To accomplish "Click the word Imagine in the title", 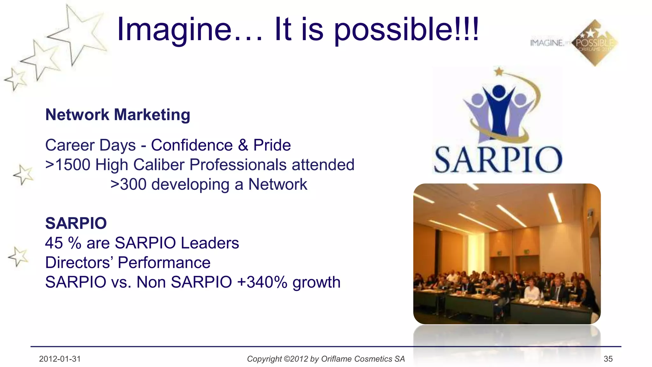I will click(174, 30).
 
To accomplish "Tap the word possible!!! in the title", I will click(406, 30).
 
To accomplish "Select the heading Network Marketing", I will click(118, 115).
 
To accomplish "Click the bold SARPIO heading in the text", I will click(76, 223).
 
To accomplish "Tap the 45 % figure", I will click(63, 243).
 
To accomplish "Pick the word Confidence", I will click(192, 145).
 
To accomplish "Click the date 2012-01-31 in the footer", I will click(60, 359).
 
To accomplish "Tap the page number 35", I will click(608, 359).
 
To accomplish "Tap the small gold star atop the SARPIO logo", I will click(499, 71).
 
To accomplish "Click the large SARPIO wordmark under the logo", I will click(498, 160).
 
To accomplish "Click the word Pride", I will click(272, 145).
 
